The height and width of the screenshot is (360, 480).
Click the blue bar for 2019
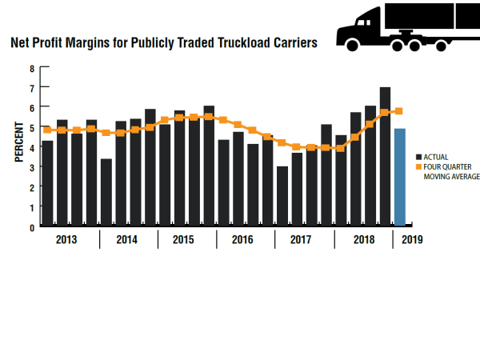pyautogui.click(x=399, y=176)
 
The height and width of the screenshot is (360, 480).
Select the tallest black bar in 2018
pyautogui.click(x=385, y=156)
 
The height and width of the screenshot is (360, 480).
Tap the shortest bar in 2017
pyautogui.click(x=282, y=195)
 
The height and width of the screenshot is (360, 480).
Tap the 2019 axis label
pyautogui.click(x=411, y=239)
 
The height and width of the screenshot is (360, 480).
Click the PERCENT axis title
pyautogui.click(x=17, y=143)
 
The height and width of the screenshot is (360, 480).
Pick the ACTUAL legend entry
pyautogui.click(x=436, y=157)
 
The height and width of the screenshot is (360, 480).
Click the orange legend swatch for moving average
pyautogui.click(x=418, y=167)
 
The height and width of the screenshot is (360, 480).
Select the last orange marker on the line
pyautogui.click(x=399, y=111)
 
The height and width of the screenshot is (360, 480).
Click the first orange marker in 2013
pyautogui.click(x=48, y=130)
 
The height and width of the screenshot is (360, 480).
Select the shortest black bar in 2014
pyautogui.click(x=106, y=192)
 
